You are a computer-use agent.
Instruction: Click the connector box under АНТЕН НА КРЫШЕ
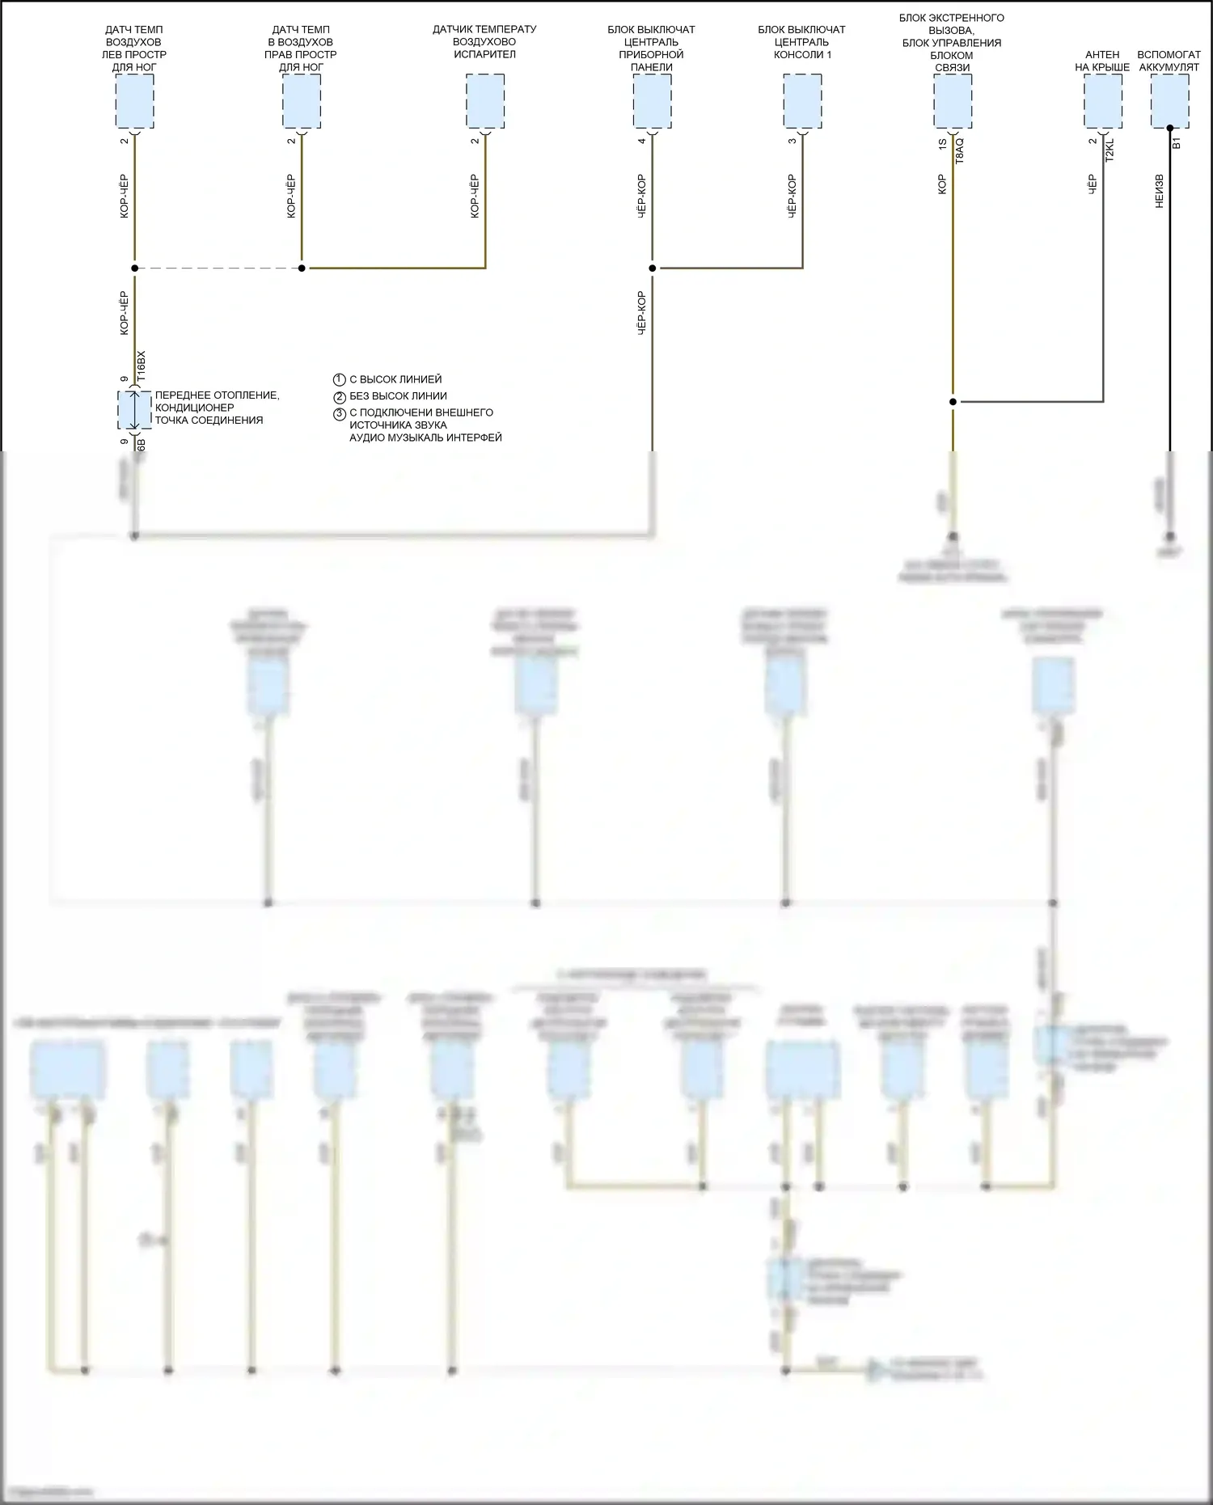1103,101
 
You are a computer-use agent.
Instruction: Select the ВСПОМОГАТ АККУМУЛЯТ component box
1169,101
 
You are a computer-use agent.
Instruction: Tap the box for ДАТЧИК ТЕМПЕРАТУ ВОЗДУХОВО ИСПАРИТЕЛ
485,101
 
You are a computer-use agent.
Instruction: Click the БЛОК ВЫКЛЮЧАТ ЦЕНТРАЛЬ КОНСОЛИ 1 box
802,101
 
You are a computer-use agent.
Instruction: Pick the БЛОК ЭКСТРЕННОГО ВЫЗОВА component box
953,101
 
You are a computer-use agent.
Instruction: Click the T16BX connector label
142,366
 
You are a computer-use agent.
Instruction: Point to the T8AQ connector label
960,151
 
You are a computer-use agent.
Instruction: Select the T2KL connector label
1109,150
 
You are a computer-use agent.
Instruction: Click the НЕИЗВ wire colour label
1160,192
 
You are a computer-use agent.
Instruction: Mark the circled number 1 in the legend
340,379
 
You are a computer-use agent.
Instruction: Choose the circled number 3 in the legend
340,414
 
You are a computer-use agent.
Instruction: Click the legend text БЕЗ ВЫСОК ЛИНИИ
398,396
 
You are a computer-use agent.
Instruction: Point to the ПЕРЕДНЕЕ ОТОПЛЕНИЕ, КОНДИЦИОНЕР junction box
134,410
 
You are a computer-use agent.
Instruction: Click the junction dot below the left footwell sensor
134,268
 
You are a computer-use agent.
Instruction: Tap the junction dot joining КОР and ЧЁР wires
953,401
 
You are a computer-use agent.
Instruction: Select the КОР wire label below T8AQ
942,184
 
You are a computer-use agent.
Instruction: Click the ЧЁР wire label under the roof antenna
1093,184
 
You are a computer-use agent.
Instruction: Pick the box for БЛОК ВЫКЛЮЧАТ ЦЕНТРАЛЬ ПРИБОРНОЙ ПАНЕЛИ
652,101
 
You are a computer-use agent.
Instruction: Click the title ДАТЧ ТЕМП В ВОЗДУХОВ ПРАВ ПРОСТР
301,49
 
